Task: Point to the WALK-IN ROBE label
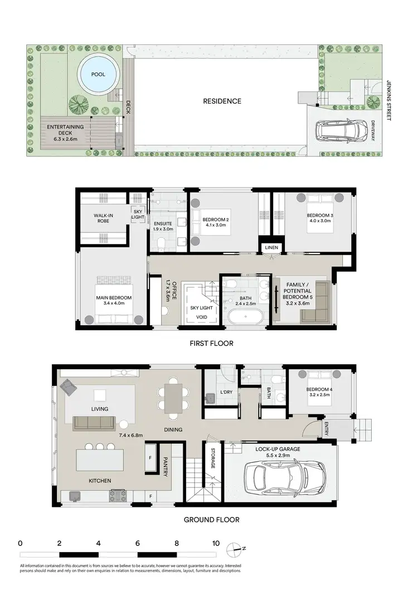(105, 218)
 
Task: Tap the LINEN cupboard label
(270, 247)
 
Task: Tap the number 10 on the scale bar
(216, 543)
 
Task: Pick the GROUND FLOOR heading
(212, 520)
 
